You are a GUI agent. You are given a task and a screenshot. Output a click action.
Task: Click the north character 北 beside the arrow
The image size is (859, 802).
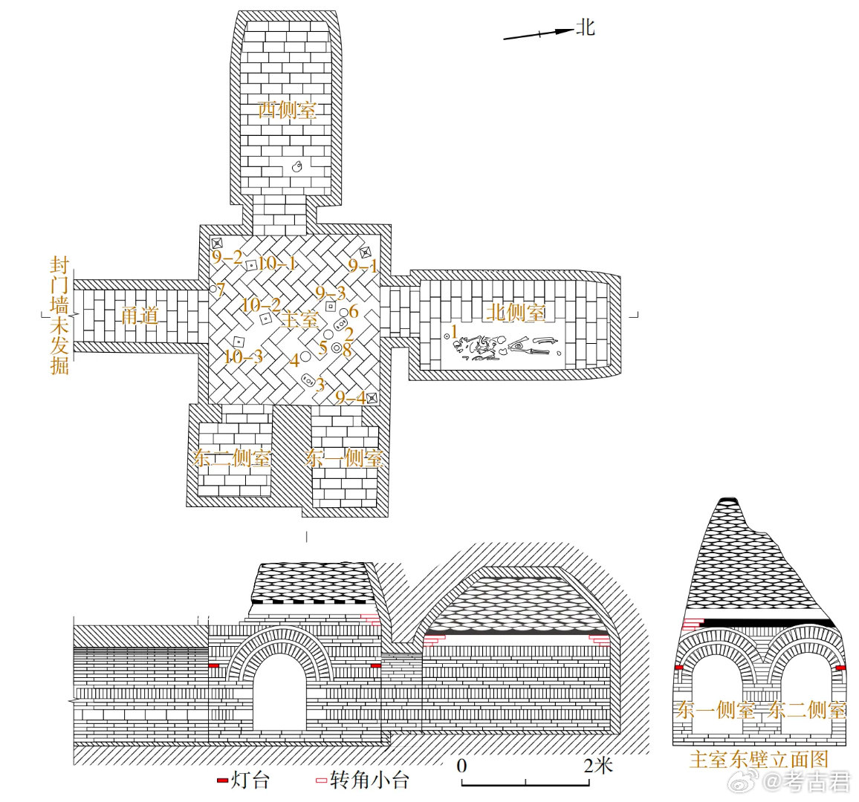[586, 27]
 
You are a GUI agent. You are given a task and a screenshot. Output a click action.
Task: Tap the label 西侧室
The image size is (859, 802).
[287, 110]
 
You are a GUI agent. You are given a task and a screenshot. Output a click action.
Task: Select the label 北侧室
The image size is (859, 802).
[516, 312]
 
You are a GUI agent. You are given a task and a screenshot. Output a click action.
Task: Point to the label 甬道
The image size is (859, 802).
[140, 316]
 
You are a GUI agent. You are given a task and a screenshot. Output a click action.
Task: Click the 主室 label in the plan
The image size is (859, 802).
[300, 319]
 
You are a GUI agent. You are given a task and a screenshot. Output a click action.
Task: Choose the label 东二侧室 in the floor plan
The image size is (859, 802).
[232, 458]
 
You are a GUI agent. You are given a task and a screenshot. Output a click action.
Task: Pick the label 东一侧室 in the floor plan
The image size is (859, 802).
[344, 458]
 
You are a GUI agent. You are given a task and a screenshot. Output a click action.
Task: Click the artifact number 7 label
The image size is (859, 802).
[221, 289]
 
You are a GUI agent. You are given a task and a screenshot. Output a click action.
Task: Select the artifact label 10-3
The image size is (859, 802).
[243, 356]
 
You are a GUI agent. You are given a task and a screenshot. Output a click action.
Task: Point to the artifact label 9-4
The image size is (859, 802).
[350, 398]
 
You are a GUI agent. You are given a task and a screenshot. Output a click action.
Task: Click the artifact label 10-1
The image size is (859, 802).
[277, 263]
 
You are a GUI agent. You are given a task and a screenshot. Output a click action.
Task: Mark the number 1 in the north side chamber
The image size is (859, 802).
[455, 332]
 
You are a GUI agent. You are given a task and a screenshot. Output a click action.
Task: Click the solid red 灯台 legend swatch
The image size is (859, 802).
[222, 780]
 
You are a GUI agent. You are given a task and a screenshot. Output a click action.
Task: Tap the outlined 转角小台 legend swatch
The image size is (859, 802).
[321, 780]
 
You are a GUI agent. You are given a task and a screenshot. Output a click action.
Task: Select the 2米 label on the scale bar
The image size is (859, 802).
[598, 765]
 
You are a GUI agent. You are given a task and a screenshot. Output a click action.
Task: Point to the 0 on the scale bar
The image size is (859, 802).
[461, 766]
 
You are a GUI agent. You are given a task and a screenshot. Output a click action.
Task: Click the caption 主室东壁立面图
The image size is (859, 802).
[758, 759]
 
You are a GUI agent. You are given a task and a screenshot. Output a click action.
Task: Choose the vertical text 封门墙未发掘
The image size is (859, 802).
[59, 316]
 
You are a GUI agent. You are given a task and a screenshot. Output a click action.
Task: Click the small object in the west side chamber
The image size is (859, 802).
[296, 167]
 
